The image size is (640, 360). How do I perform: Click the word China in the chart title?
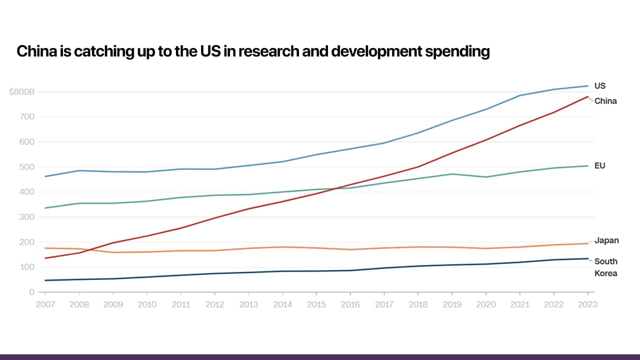coord(33,51)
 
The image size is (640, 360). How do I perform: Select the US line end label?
coord(599,85)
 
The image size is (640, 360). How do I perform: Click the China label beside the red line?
coord(605,101)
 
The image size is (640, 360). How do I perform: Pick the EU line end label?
coord(599,165)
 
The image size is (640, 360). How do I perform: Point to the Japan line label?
coord(606,240)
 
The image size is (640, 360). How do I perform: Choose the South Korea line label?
coord(605,267)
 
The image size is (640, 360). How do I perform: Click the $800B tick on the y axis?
coord(21,92)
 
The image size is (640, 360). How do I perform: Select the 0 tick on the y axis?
coord(31,292)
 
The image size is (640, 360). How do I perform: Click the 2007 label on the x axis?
coord(45,304)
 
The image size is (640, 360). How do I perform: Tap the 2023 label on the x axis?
coord(587,304)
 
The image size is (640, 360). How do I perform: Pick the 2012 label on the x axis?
coord(214,304)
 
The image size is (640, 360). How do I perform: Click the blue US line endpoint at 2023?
coord(587,85)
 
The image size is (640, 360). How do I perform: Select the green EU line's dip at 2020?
coord(486,177)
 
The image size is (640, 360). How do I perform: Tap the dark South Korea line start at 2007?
coord(45,280)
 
